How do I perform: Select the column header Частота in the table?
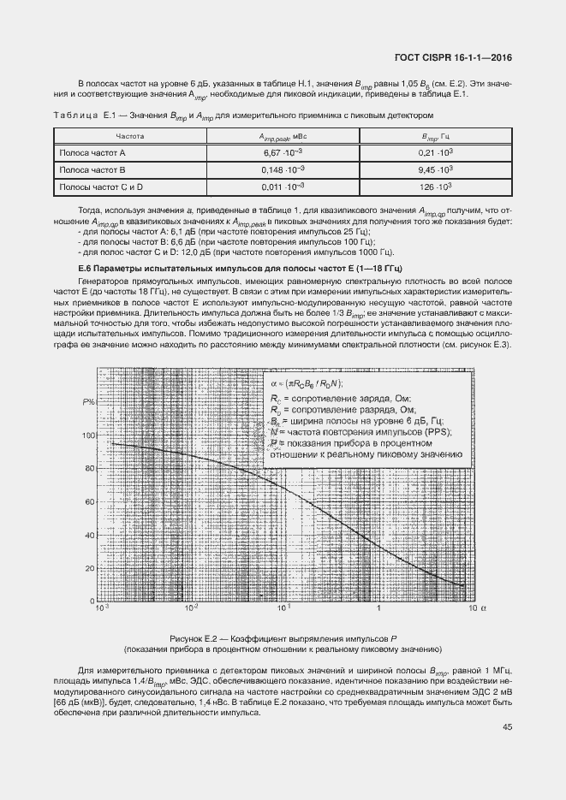click(129, 136)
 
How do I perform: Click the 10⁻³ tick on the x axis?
click(101, 609)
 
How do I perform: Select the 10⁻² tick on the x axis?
click(193, 609)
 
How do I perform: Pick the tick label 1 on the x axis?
click(378, 609)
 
